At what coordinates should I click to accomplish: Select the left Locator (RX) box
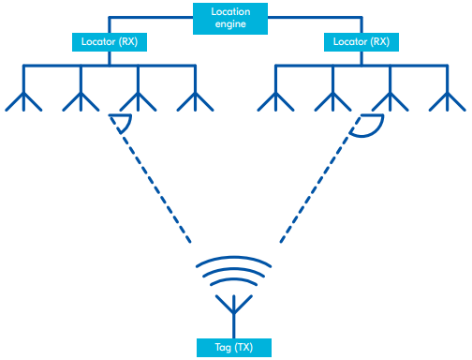(110, 42)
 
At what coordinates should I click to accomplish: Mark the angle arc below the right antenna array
(369, 129)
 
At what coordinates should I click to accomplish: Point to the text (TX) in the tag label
(246, 347)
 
